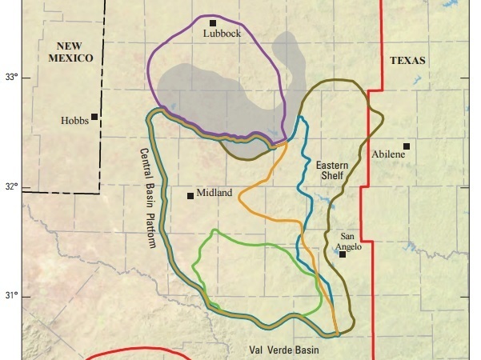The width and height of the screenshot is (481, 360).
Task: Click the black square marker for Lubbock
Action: pyautogui.click(x=213, y=23)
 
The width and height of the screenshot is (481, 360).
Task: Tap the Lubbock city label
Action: pyautogui.click(x=222, y=34)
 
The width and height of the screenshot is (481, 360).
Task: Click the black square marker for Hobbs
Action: pyautogui.click(x=94, y=117)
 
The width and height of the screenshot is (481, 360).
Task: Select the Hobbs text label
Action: pyautogui.click(x=74, y=122)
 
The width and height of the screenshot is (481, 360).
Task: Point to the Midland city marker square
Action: pyautogui.click(x=190, y=195)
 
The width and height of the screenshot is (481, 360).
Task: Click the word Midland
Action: pyautogui.click(x=214, y=193)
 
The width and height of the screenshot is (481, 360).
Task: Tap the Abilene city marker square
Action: pyautogui.click(x=407, y=146)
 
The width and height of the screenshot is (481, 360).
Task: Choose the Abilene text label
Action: pyautogui.click(x=388, y=153)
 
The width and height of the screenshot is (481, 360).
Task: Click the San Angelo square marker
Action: pyautogui.click(x=343, y=254)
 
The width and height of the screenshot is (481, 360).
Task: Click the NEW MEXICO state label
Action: pyautogui.click(x=70, y=52)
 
